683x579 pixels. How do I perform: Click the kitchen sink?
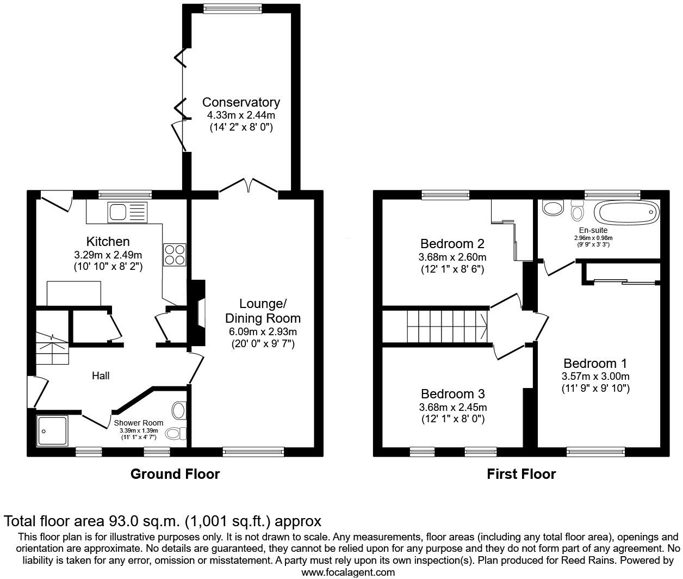click(x=127, y=211)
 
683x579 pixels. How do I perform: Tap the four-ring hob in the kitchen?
click(x=174, y=255)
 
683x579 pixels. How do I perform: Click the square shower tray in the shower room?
click(x=52, y=430)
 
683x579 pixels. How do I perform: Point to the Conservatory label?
click(x=241, y=102)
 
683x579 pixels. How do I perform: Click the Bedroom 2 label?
click(x=452, y=243)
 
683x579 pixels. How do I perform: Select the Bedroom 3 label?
click(x=452, y=393)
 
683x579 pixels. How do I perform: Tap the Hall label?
click(x=101, y=375)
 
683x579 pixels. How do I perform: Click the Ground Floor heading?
click(x=175, y=474)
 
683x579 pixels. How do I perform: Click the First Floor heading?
click(x=521, y=474)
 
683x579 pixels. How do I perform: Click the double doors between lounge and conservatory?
click(x=249, y=186)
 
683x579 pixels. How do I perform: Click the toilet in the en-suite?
click(x=577, y=211)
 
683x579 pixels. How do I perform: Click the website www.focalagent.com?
click(x=348, y=572)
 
